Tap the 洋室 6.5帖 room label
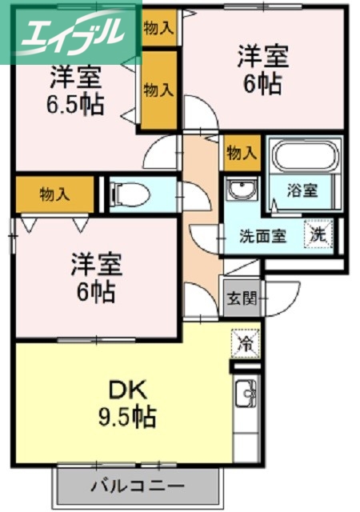coord(76,91)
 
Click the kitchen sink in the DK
coord(246,397)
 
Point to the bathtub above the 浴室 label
coord(305,156)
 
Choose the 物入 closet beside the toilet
coord(54,194)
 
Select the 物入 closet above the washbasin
coord(242,151)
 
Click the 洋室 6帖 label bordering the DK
coord(93,277)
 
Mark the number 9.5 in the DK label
coord(111,416)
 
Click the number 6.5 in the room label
coord(66,105)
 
